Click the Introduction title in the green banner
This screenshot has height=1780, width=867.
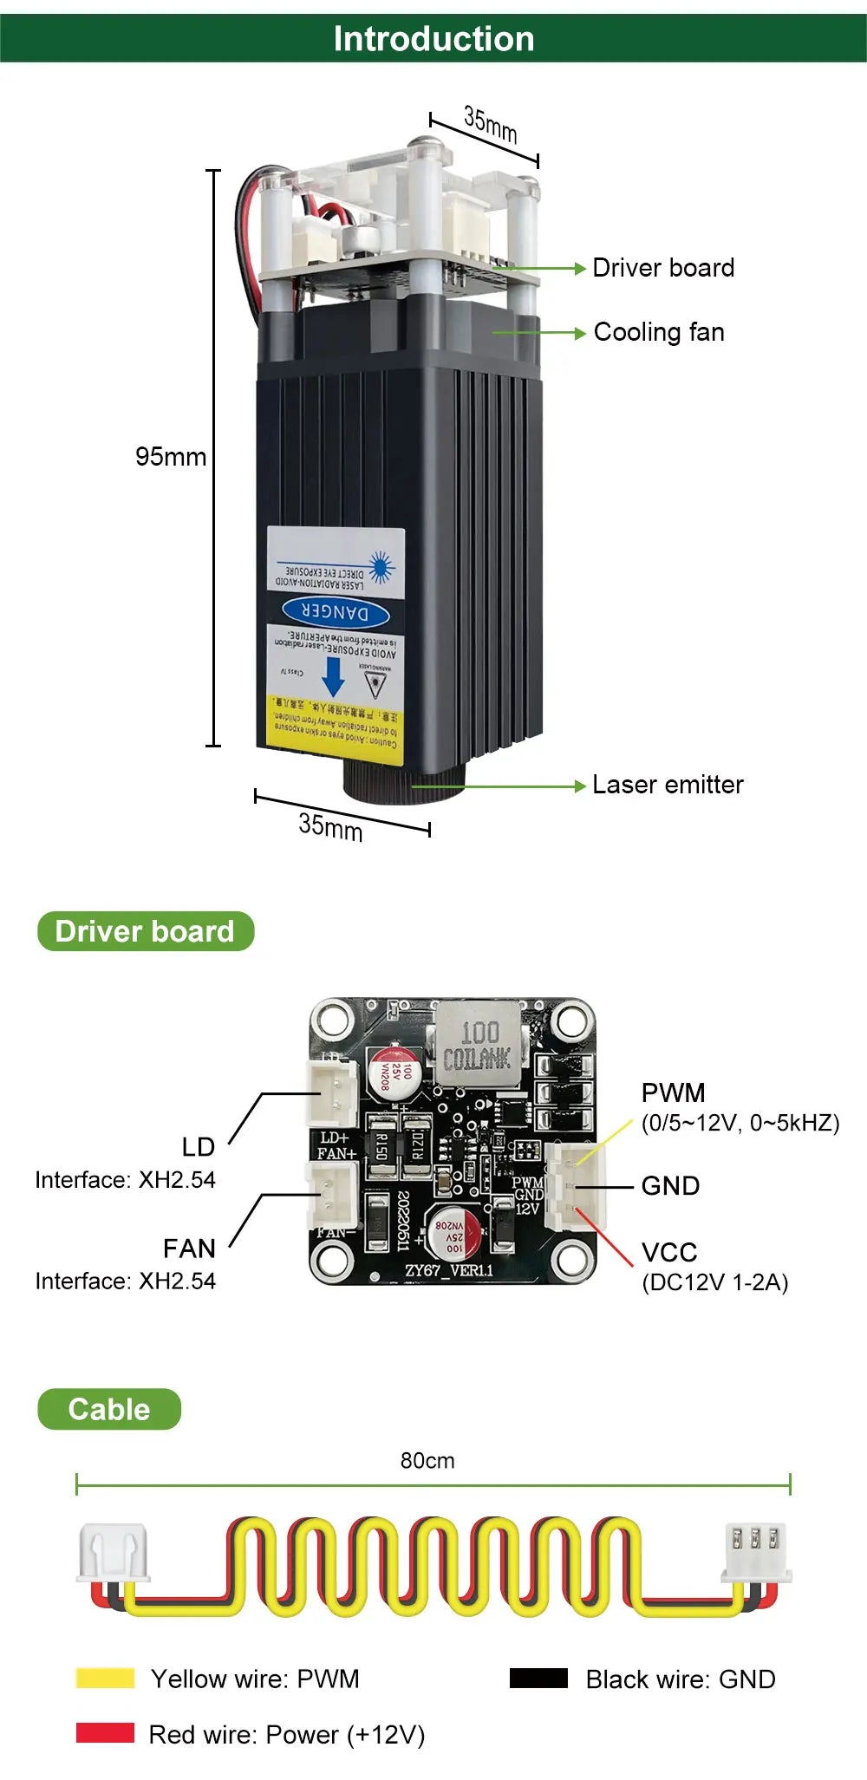[433, 39]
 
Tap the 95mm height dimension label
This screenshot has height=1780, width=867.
[171, 457]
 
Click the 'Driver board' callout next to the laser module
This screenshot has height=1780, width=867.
[663, 268]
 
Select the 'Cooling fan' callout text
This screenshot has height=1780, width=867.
[659, 332]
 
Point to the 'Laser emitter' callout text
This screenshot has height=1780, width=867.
[668, 785]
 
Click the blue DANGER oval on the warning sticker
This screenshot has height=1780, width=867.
[336, 613]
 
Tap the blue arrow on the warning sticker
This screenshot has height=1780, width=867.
[333, 676]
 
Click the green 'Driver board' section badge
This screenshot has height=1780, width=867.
[145, 931]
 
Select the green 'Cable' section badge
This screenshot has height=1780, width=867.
[109, 1409]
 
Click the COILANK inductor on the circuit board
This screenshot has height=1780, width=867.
[477, 1045]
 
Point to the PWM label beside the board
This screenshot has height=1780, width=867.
[673, 1092]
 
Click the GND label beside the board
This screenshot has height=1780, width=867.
[670, 1185]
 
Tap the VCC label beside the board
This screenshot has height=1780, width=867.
[669, 1252]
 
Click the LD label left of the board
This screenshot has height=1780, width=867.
[198, 1147]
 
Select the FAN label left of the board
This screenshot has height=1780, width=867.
[189, 1249]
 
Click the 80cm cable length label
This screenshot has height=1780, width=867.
[427, 1461]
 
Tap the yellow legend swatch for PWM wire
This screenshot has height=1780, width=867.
[105, 1679]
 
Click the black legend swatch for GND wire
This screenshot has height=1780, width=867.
[538, 1679]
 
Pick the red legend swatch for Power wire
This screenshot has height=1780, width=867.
[105, 1733]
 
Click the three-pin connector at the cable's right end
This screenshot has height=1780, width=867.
[755, 1552]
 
